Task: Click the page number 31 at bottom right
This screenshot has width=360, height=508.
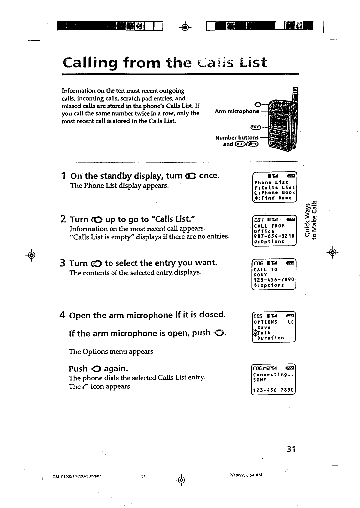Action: [x=291, y=449]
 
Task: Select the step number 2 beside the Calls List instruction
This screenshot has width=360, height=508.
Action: [x=63, y=219]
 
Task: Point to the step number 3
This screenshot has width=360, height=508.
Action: [x=63, y=263]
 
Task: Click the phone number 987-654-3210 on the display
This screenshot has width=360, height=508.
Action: [x=274, y=236]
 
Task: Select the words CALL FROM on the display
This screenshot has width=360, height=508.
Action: [x=267, y=226]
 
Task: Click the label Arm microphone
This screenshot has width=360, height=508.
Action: [x=237, y=111]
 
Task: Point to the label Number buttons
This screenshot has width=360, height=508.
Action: [x=237, y=137]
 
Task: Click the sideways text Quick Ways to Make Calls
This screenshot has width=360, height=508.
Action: [x=312, y=219]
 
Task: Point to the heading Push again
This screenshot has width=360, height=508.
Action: [x=98, y=369]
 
